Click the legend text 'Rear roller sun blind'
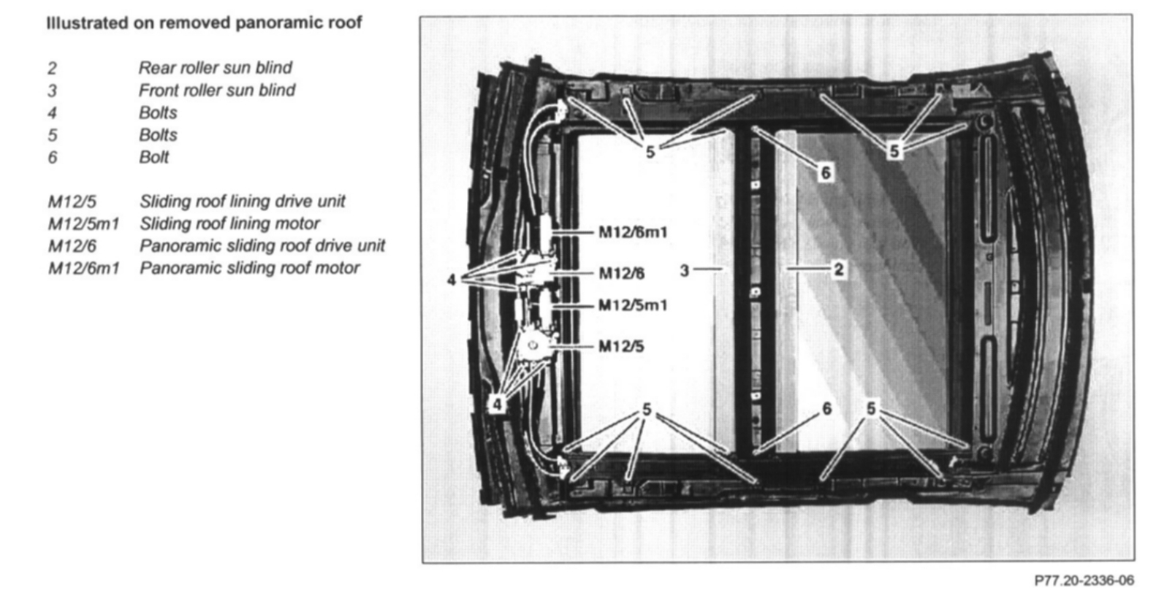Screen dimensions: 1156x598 [215, 68]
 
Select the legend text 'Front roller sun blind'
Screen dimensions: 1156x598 [217, 91]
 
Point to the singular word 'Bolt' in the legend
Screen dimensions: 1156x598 [153, 158]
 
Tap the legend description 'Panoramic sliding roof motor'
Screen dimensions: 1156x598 [249, 268]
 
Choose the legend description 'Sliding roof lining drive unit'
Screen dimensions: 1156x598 [242, 202]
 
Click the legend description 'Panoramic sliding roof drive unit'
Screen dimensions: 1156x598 [262, 246]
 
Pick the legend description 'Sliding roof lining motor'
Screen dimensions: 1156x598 [229, 223]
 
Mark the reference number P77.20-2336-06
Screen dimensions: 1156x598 [1084, 580]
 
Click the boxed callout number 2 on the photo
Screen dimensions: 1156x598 [839, 269]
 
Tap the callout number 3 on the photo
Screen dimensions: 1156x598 [684, 271]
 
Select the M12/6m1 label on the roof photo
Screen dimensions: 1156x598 [633, 232]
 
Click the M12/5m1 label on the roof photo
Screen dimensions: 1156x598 [633, 305]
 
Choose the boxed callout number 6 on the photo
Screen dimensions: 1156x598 [826, 172]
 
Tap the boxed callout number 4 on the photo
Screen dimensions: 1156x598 [497, 404]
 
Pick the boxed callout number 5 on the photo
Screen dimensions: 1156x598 [894, 151]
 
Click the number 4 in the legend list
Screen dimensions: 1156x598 [52, 113]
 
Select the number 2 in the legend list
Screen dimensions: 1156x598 [52, 69]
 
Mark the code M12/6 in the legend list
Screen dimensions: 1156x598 [72, 246]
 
